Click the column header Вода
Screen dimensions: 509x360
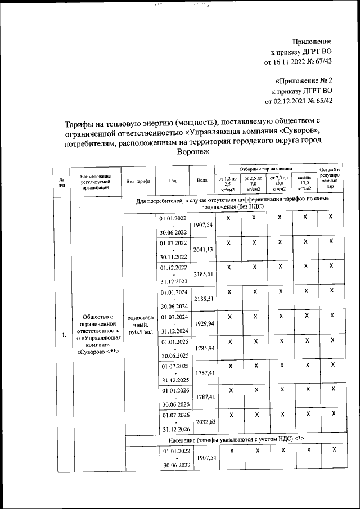click(x=202, y=181)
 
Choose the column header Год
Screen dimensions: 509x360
click(x=172, y=181)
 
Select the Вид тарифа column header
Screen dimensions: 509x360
click(x=138, y=181)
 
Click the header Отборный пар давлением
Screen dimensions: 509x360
click(x=266, y=169)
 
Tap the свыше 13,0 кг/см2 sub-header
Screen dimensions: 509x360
click(x=304, y=183)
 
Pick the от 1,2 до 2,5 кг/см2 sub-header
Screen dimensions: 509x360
click(x=228, y=183)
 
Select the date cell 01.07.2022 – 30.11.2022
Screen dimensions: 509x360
click(x=173, y=250)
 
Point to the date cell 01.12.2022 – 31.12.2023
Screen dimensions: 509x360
click(x=173, y=274)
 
